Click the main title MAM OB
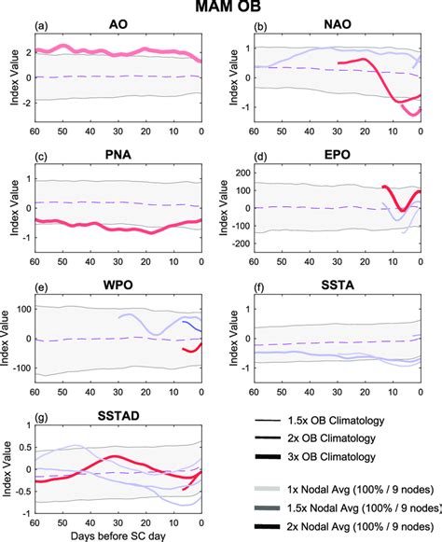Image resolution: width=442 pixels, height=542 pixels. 221,8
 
